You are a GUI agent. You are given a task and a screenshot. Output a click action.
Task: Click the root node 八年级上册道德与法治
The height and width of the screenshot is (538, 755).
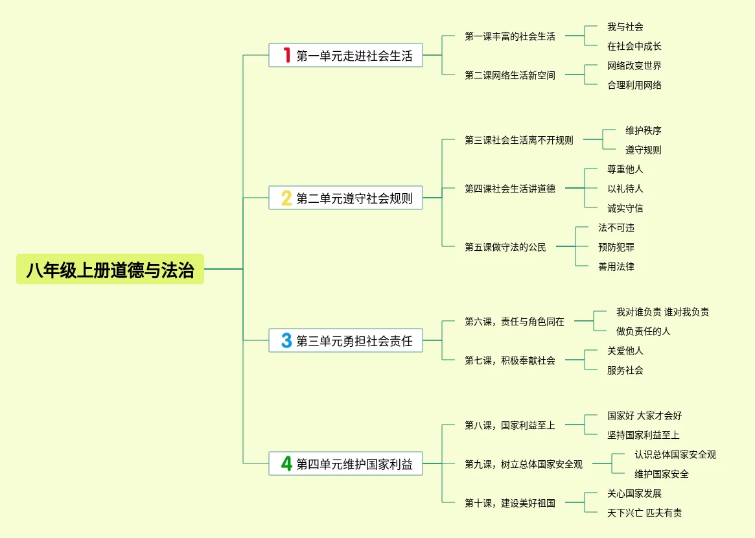click(110, 270)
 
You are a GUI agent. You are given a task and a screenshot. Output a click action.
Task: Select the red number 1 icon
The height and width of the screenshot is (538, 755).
click(286, 55)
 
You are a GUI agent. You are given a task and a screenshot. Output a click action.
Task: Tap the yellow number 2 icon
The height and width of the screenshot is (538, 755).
click(286, 198)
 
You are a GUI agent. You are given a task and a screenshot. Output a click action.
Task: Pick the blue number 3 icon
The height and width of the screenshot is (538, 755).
click(286, 340)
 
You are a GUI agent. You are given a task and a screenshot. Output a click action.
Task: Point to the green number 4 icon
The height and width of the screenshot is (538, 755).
click(286, 463)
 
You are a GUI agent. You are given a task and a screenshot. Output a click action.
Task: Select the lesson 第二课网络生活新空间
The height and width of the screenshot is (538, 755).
click(509, 75)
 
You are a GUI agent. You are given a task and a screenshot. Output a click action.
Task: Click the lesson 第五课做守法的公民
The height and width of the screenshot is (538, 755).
click(505, 247)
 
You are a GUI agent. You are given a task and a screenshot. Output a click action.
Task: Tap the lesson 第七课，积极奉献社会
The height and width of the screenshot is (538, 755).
click(509, 360)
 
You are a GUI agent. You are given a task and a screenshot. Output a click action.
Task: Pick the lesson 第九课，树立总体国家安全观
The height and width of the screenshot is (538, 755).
click(523, 464)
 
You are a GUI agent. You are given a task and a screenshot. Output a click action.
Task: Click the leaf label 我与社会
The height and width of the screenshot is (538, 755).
click(625, 27)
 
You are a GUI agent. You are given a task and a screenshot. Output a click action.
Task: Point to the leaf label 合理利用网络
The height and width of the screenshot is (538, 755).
click(634, 85)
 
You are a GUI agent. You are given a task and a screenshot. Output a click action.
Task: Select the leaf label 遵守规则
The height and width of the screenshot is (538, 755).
click(643, 150)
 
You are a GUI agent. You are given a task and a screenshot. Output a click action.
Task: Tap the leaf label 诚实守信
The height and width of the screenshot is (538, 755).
click(625, 208)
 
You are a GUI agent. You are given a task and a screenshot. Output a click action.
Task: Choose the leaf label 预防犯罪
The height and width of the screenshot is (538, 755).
click(616, 247)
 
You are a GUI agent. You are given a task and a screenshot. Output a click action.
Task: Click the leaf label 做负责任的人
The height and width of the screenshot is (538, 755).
click(643, 331)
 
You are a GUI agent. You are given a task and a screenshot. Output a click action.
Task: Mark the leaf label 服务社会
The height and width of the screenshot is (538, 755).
click(625, 370)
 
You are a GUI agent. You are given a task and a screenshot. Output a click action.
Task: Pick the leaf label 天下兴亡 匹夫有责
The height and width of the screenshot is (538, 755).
click(644, 513)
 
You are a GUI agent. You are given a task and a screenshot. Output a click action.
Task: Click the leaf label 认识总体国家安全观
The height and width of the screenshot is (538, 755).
click(675, 454)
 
